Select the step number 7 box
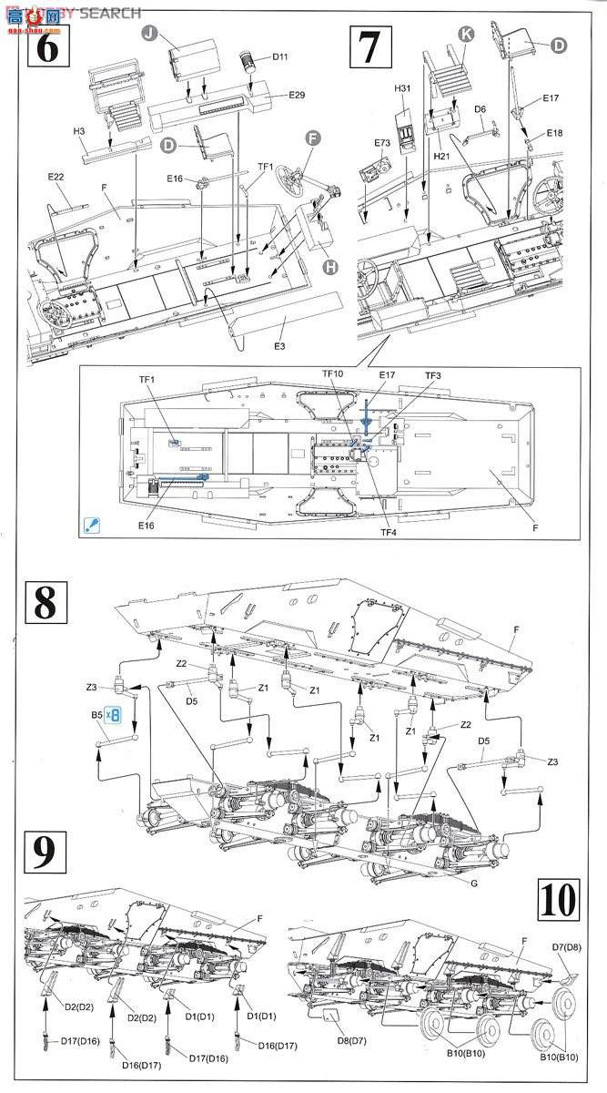(369, 46)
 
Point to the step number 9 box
(42, 853)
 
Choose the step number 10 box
(557, 901)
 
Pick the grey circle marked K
(467, 34)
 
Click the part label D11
(280, 57)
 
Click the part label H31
(403, 88)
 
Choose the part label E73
(381, 143)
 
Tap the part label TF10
(333, 374)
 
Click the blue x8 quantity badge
(112, 716)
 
